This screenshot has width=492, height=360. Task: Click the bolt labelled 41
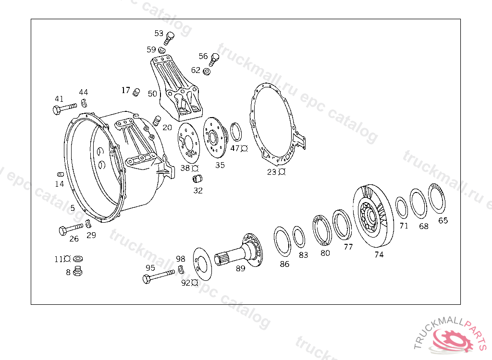tap(65, 108)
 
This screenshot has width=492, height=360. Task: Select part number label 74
tap(379, 254)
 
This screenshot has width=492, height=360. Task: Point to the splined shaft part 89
tap(239, 251)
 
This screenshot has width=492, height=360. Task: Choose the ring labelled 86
tap(282, 241)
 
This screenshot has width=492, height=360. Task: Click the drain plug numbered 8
tap(77, 271)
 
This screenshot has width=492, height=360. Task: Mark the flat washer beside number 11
tap(78, 259)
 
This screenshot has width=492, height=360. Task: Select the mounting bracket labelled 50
tap(176, 88)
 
